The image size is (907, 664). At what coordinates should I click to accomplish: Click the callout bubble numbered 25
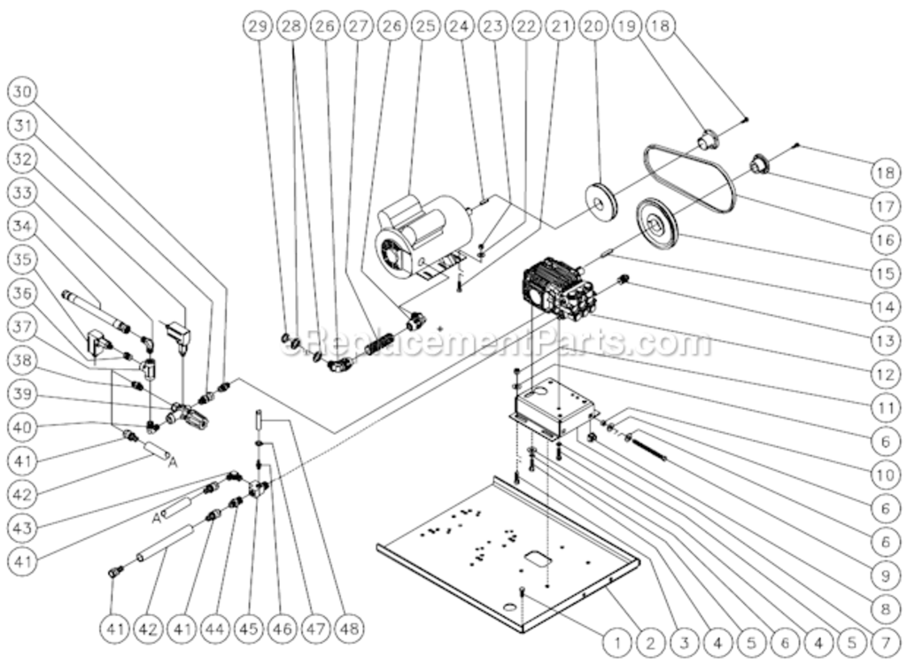click(x=426, y=27)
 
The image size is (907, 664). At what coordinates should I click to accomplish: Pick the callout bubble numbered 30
click(x=24, y=92)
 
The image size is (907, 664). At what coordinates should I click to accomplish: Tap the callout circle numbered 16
click(x=883, y=241)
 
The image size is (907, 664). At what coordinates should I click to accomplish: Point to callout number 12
click(x=883, y=374)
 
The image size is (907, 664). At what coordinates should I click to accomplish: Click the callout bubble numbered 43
click(x=24, y=526)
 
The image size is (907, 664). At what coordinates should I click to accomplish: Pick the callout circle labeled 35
click(x=24, y=259)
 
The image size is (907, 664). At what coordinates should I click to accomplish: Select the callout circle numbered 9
click(x=883, y=575)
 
